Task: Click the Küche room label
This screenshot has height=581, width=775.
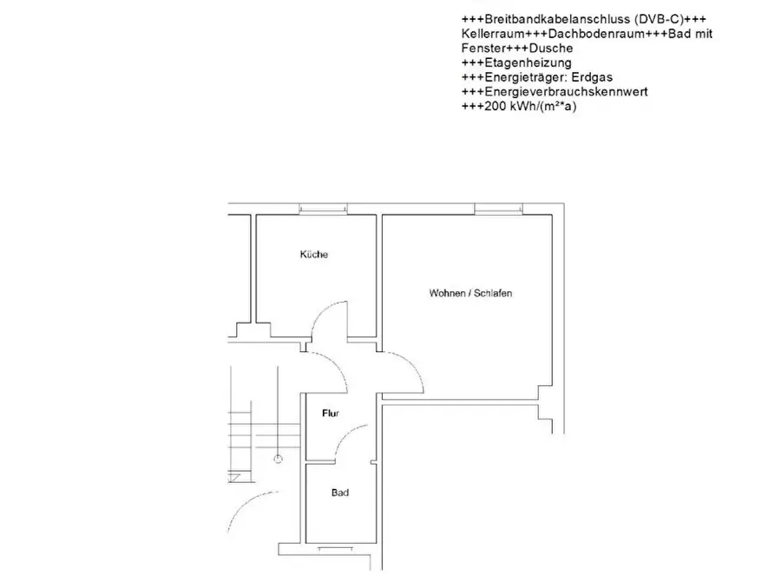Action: [314, 254]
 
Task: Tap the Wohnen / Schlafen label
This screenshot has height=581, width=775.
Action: [470, 293]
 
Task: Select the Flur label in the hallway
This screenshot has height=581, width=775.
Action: [331, 413]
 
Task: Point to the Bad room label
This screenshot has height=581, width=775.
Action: [340, 493]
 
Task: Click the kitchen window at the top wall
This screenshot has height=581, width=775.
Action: [323, 210]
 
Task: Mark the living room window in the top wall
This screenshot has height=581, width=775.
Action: [498, 210]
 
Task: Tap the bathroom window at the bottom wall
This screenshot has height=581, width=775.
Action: [335, 548]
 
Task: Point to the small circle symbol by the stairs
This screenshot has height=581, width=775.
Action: [279, 460]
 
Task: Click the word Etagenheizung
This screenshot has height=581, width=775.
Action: [529, 62]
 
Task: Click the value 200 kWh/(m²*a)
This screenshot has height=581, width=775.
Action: [530, 106]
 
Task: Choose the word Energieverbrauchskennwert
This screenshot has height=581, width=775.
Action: [567, 92]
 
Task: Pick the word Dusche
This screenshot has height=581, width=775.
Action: [551, 49]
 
